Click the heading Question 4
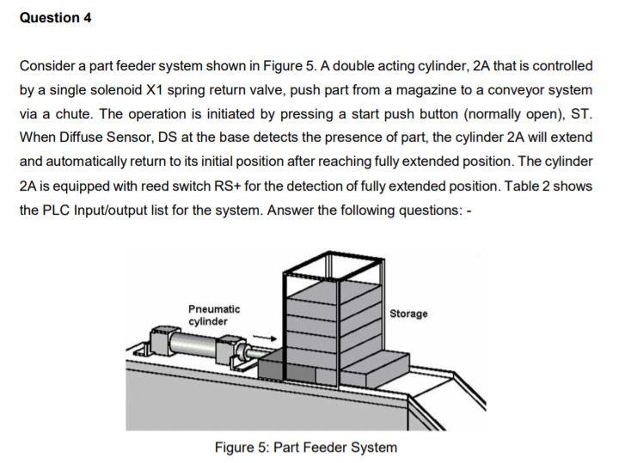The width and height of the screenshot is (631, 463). point(55,18)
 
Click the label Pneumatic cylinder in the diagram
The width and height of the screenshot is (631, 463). point(214,314)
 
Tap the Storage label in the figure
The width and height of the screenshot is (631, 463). point(408,314)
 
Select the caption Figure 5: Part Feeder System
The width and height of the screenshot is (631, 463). point(306,447)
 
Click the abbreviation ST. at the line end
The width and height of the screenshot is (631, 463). point(581,114)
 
